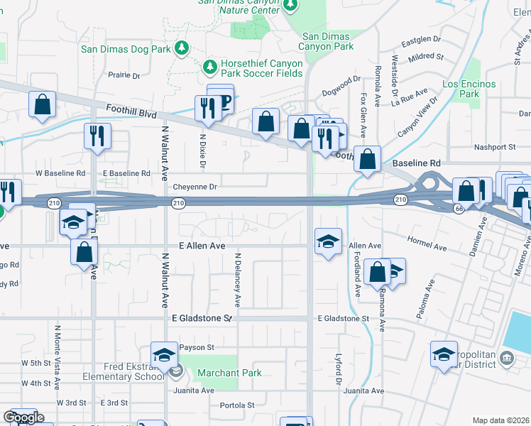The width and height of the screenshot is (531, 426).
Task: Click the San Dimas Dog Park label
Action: [x=126, y=49]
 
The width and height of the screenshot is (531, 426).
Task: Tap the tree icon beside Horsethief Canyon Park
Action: [x=209, y=67]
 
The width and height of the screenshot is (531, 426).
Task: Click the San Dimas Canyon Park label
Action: [x=327, y=41]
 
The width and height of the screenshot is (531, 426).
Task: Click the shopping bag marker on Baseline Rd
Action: [x=367, y=159]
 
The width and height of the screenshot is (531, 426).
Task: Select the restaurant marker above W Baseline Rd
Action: [x=96, y=135]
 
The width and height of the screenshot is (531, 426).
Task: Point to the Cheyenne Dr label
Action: [x=194, y=187]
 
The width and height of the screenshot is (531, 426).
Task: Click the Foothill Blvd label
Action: [x=131, y=112]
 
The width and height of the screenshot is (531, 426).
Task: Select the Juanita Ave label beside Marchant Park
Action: [x=194, y=390]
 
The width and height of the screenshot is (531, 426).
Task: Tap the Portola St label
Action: [x=237, y=405]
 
